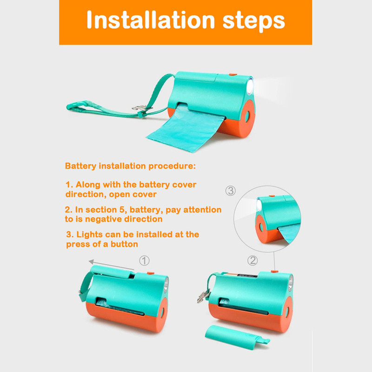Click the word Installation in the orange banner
coord(151,20)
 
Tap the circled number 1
coord(144,261)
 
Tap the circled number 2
coord(252,260)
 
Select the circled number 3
coord(230,191)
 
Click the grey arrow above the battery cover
coord(112,265)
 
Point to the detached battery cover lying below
coord(237,338)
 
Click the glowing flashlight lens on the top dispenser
coord(250,87)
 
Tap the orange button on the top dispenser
coord(233,74)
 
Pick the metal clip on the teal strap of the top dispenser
coord(140,108)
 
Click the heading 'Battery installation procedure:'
coord(130,166)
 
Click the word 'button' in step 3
coord(124,244)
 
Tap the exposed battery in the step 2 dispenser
coord(241,275)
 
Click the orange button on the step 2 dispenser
coord(274,271)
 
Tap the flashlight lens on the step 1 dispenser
coord(166,285)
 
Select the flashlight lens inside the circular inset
coord(259,205)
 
